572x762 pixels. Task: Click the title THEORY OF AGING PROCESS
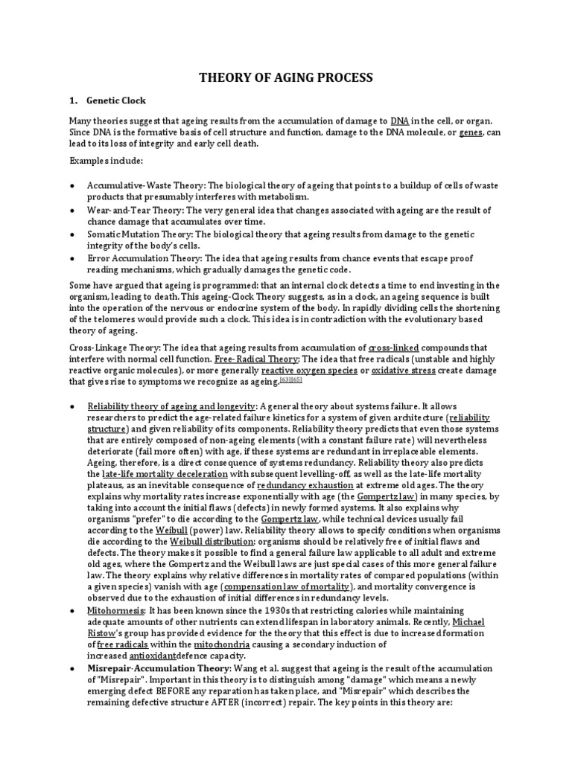pos(285,77)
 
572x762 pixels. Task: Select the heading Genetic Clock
pos(116,100)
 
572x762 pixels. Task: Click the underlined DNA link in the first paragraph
pos(399,121)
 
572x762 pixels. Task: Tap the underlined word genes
pos(472,132)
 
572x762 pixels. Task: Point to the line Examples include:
pos(103,161)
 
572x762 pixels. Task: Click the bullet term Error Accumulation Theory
pos(144,257)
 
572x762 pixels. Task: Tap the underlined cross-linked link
pos(394,348)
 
